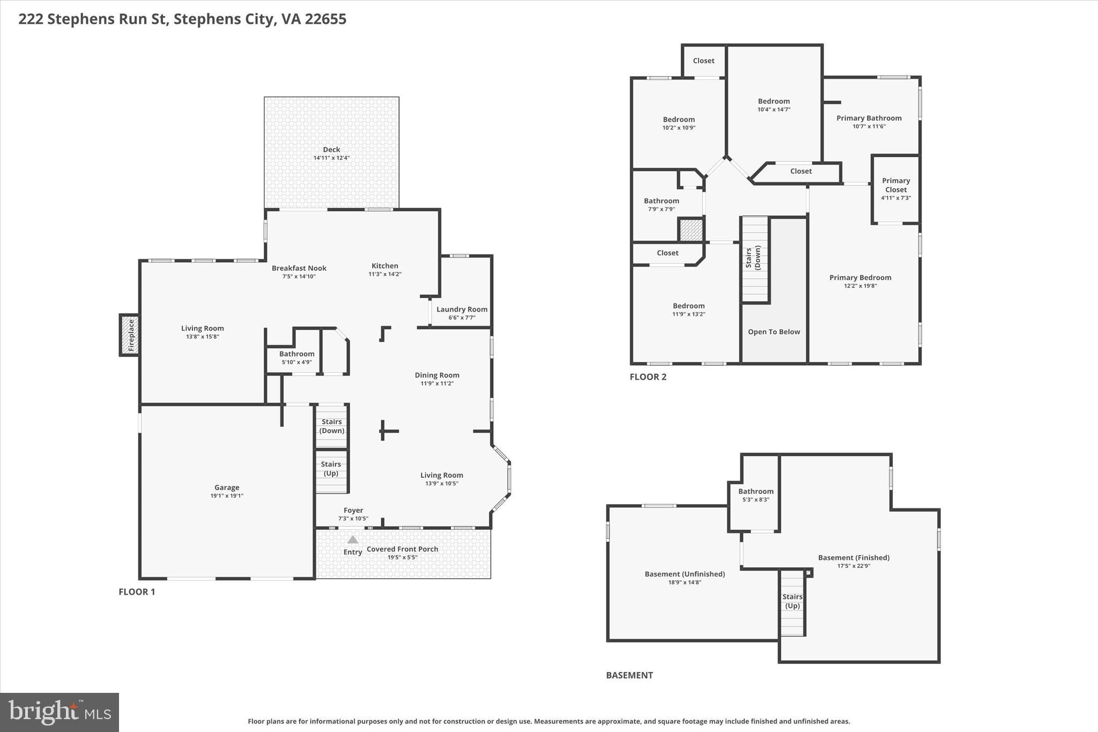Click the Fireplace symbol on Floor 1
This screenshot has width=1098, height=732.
129,335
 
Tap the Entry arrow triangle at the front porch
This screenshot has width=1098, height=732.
353,539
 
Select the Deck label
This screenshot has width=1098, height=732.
331,150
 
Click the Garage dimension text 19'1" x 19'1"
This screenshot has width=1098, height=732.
227,496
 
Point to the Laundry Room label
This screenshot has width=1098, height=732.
462,309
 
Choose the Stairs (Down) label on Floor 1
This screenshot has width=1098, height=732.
332,426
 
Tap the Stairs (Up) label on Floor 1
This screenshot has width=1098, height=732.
331,468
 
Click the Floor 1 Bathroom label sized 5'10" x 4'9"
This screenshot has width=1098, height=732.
296,354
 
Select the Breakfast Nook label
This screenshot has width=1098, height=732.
299,268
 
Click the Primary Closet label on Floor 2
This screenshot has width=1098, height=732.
896,185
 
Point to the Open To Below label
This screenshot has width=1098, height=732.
774,332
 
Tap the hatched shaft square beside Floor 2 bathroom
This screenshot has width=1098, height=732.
691,230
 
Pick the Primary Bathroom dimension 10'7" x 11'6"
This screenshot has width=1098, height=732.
869,127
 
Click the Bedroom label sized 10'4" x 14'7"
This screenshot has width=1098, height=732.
774,101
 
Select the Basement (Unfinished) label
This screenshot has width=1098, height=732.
685,574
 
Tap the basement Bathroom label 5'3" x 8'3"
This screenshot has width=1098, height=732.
755,491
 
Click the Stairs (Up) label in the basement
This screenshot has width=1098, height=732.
792,601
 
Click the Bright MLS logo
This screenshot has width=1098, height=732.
60,712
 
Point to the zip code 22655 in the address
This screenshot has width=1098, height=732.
326,19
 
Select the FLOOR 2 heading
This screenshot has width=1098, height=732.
648,377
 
